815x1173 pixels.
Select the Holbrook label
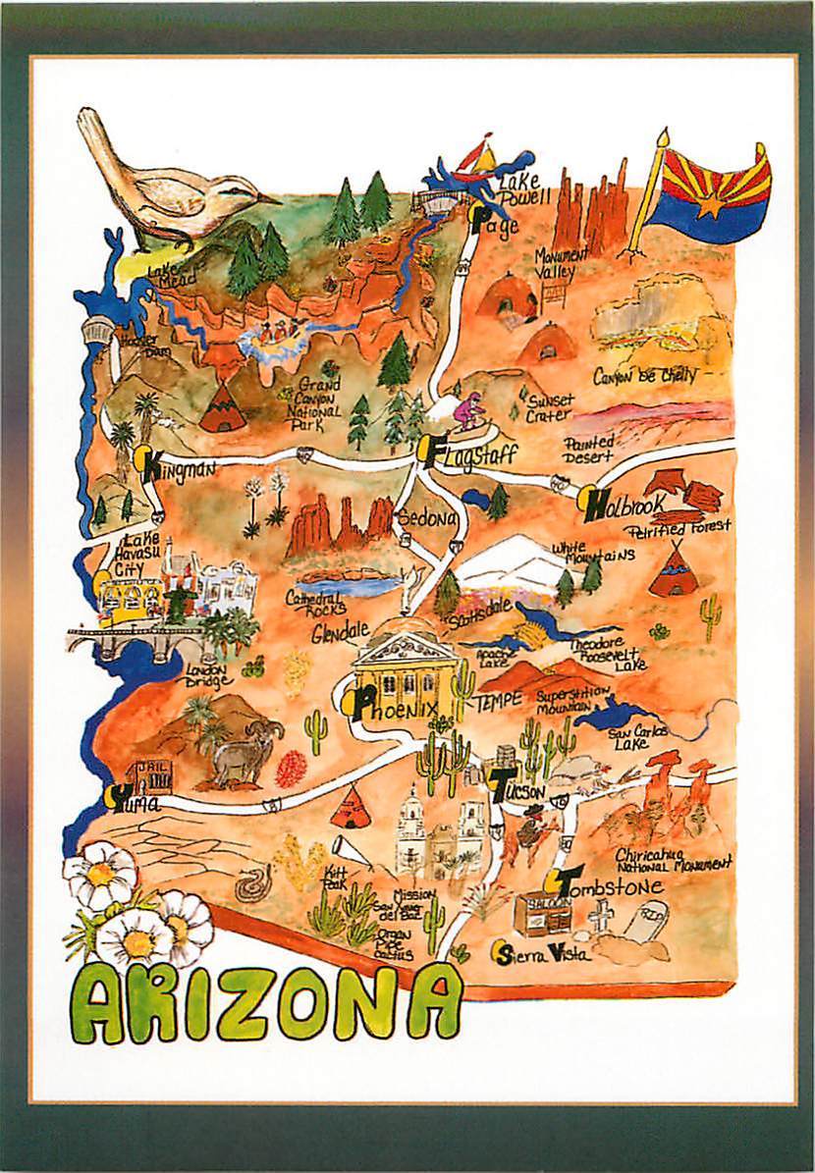[625, 506]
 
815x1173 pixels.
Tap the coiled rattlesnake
[249, 886]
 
